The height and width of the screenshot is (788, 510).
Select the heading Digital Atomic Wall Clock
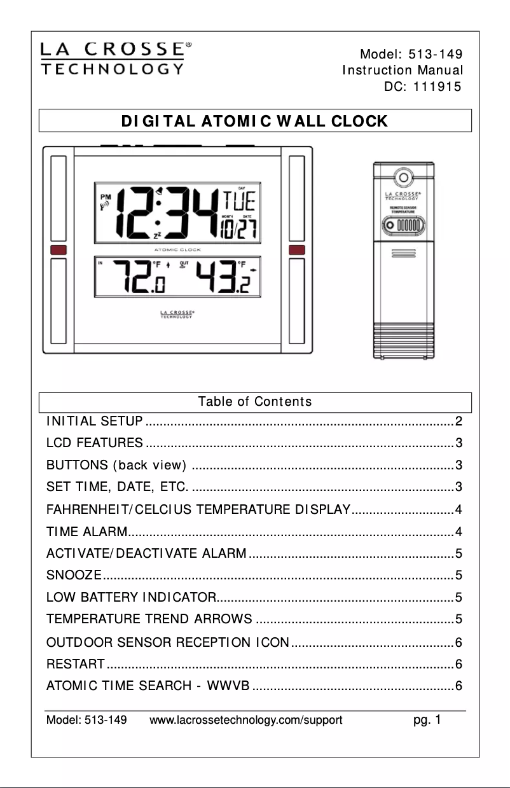pyautogui.click(x=255, y=121)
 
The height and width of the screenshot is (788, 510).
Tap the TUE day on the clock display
pyautogui.click(x=238, y=202)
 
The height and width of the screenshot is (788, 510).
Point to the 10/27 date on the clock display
pyautogui.click(x=238, y=230)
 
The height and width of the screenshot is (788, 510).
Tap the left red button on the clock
pyautogui.click(x=58, y=250)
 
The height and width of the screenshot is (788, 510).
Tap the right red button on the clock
pyautogui.click(x=297, y=250)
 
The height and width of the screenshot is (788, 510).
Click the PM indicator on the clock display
pyautogui.click(x=105, y=197)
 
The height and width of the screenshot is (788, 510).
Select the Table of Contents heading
pyautogui.click(x=255, y=402)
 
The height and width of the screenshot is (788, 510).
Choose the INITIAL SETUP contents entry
pyautogui.click(x=95, y=421)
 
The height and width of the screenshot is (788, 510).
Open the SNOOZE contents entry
pyautogui.click(x=74, y=576)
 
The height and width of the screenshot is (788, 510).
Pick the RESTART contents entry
pyautogui.click(x=76, y=665)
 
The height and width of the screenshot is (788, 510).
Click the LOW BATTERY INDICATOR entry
pyautogui.click(x=131, y=597)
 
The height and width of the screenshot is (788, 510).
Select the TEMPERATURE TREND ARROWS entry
pyautogui.click(x=149, y=619)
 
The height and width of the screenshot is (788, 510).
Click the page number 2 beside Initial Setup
pyautogui.click(x=458, y=421)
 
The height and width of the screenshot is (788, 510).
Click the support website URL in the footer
pyautogui.click(x=246, y=721)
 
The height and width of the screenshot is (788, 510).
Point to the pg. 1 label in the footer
pyautogui.click(x=427, y=720)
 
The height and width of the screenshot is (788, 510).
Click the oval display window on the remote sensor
pyautogui.click(x=404, y=225)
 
